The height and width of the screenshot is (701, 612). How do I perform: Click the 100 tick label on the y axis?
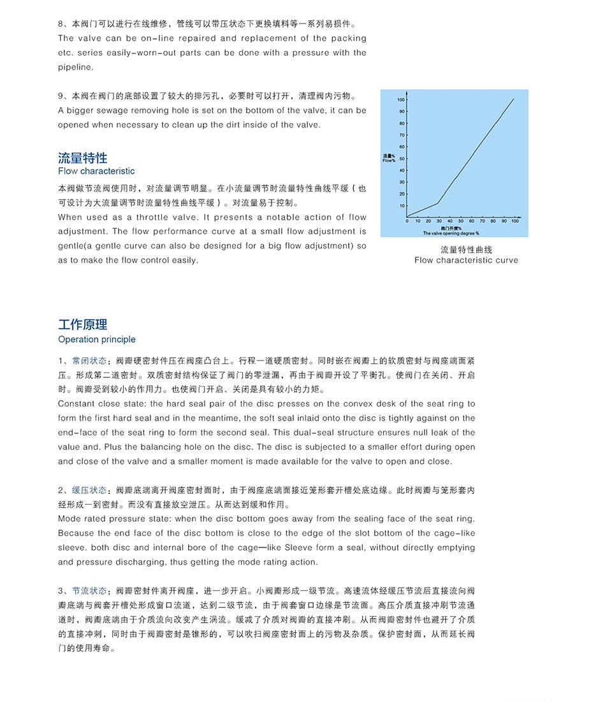pyautogui.click(x=401, y=100)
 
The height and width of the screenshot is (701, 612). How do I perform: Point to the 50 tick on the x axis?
pyautogui.click(x=461, y=220)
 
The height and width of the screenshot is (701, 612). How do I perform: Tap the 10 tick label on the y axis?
pyautogui.click(x=402, y=205)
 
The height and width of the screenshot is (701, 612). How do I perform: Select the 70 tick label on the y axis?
pyautogui.click(x=402, y=135)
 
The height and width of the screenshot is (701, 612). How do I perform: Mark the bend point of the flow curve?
pyautogui.click(x=437, y=203)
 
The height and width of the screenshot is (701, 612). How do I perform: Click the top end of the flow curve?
pyautogui.click(x=513, y=99)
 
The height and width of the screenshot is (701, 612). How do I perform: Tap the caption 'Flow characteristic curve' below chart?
pyautogui.click(x=466, y=260)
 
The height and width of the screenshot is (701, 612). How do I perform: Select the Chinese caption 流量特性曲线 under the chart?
pyautogui.click(x=466, y=249)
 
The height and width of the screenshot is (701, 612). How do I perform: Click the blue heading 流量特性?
pyautogui.click(x=83, y=158)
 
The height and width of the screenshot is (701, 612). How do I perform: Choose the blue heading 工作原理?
pyautogui.click(x=83, y=325)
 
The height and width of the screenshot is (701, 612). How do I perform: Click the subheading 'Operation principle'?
pyautogui.click(x=97, y=340)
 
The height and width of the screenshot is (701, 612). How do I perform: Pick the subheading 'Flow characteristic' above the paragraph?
pyautogui.click(x=96, y=171)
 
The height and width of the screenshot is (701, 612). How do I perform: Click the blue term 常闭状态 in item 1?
pyautogui.click(x=89, y=361)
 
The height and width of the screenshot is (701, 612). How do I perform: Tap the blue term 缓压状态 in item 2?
pyautogui.click(x=89, y=490)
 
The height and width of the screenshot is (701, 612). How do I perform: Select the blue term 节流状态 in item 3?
pyautogui.click(x=89, y=591)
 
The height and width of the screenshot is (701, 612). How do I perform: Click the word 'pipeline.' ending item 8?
pyautogui.click(x=75, y=68)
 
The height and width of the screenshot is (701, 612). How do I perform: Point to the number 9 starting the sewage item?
pyautogui.click(x=61, y=96)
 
